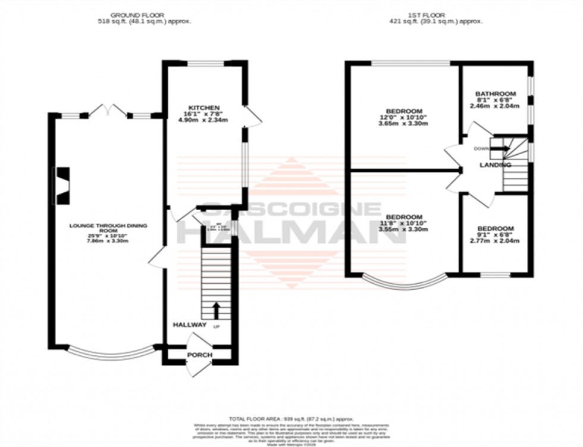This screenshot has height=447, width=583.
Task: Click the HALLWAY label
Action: click(x=189, y=325)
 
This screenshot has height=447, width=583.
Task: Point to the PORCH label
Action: click(x=199, y=355)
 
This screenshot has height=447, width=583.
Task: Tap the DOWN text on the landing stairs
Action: click(x=481, y=149)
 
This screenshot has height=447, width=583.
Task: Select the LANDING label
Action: click(x=496, y=165)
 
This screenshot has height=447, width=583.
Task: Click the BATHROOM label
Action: click(x=495, y=94)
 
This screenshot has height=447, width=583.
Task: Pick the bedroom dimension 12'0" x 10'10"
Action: click(x=404, y=118)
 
